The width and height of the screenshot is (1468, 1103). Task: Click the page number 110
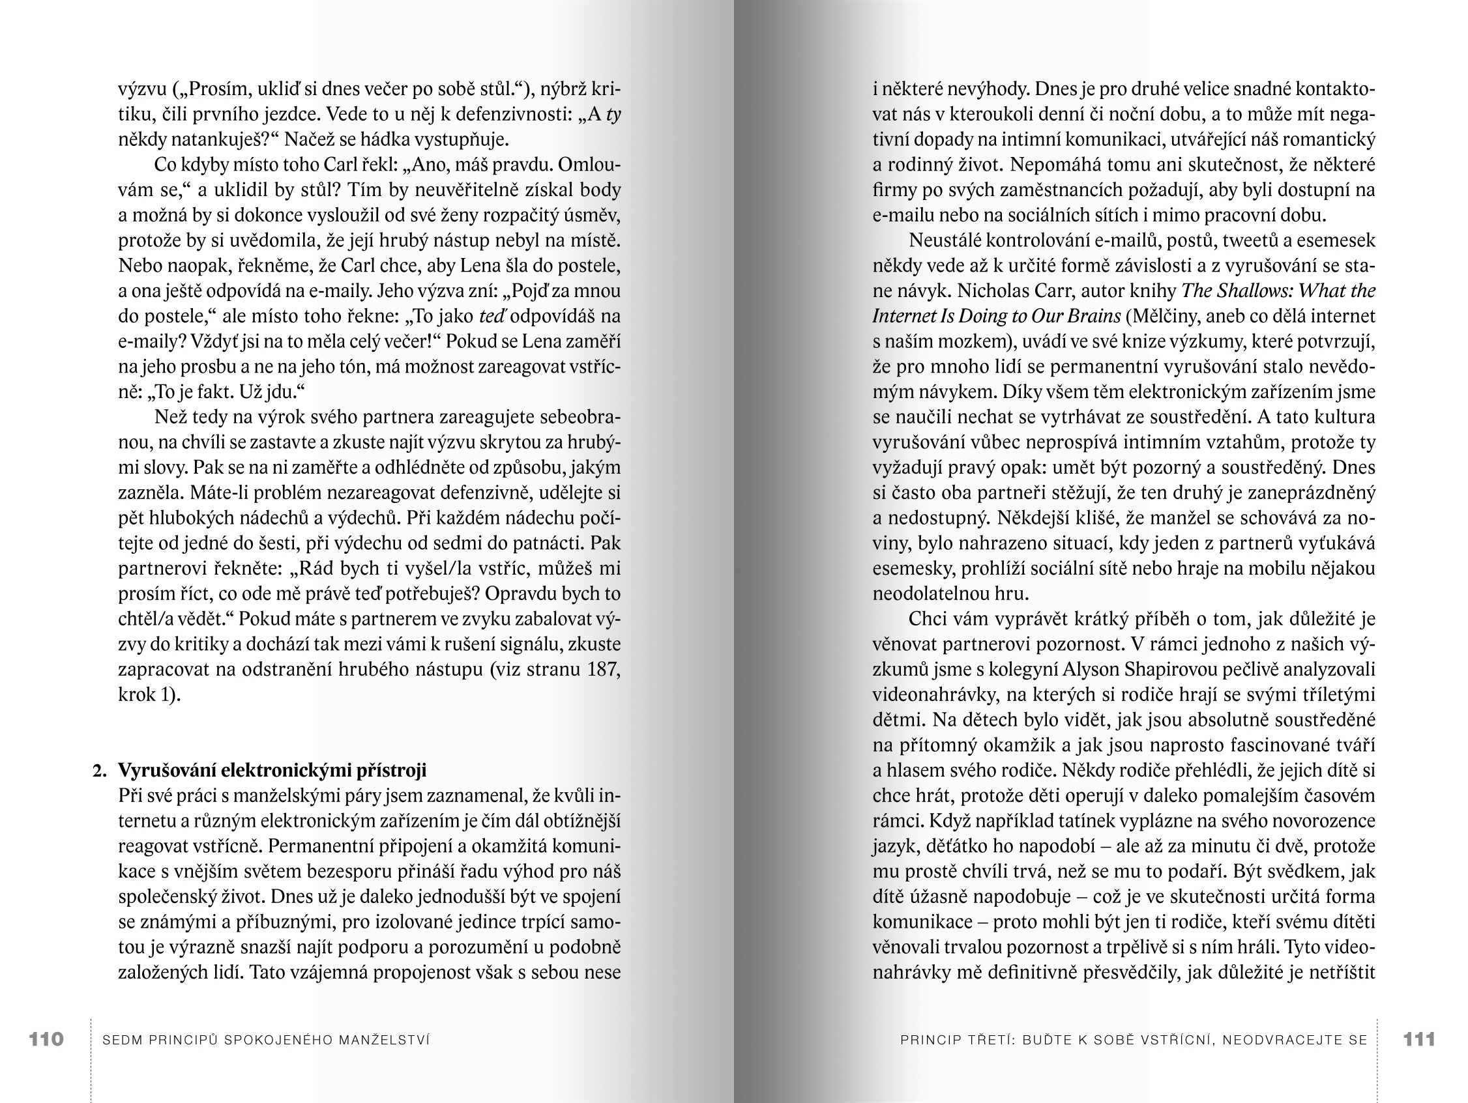(x=46, y=1039)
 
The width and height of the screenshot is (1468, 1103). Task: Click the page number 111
(x=1419, y=1039)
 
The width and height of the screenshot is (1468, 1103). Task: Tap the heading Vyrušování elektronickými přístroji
(x=272, y=770)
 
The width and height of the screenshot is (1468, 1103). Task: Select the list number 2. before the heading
(x=100, y=770)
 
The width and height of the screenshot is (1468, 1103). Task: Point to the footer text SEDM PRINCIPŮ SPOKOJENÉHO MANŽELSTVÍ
(x=266, y=1040)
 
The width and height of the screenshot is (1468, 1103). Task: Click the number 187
(x=603, y=669)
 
